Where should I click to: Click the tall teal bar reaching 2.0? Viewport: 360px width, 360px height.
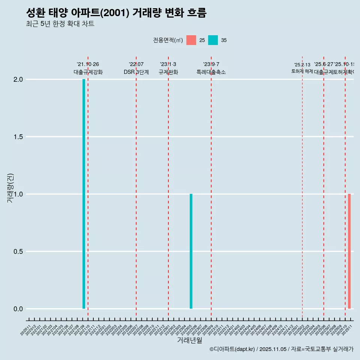click(84, 193)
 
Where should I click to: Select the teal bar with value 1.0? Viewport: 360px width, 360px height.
click(191, 251)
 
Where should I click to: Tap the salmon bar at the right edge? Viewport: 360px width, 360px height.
click(349, 251)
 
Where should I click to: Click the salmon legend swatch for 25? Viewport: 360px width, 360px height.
click(191, 40)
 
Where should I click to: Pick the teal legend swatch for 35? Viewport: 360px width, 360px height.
click(213, 40)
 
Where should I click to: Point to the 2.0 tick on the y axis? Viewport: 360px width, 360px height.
click(18, 79)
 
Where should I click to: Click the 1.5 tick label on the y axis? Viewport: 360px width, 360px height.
click(18, 137)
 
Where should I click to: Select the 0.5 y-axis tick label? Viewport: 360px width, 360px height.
click(18, 252)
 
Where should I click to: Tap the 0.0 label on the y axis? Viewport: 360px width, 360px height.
click(18, 309)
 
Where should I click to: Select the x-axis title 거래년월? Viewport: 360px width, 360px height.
click(189, 340)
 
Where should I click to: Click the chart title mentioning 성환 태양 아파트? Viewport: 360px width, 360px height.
click(116, 13)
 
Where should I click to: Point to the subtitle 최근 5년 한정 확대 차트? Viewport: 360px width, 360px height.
click(60, 24)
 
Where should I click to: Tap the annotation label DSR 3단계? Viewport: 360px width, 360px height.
click(136, 72)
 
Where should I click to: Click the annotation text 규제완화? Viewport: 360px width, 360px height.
click(168, 72)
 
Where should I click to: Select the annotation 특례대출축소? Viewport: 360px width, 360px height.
click(211, 72)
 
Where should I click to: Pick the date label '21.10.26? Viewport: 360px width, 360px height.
click(88, 64)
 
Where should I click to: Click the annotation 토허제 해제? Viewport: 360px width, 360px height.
click(302, 71)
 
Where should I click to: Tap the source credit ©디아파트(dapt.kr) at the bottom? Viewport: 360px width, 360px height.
click(232, 349)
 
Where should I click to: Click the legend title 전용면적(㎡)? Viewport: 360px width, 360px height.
click(168, 40)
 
